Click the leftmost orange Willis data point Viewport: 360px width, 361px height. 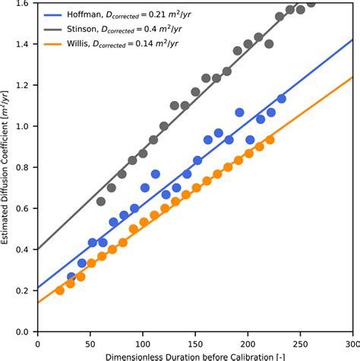point(60,290)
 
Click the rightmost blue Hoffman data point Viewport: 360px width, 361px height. point(281,99)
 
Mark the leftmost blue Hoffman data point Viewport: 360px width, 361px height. point(71,277)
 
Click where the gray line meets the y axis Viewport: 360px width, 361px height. point(39,249)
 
